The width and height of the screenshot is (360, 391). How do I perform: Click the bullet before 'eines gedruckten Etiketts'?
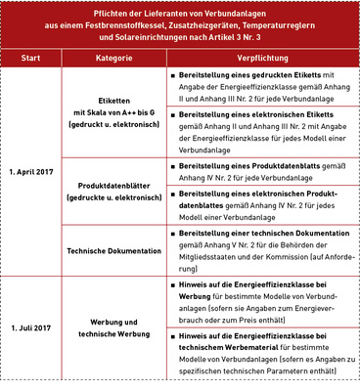(173, 74)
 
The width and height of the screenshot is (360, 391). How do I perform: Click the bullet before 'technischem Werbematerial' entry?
(173, 336)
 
